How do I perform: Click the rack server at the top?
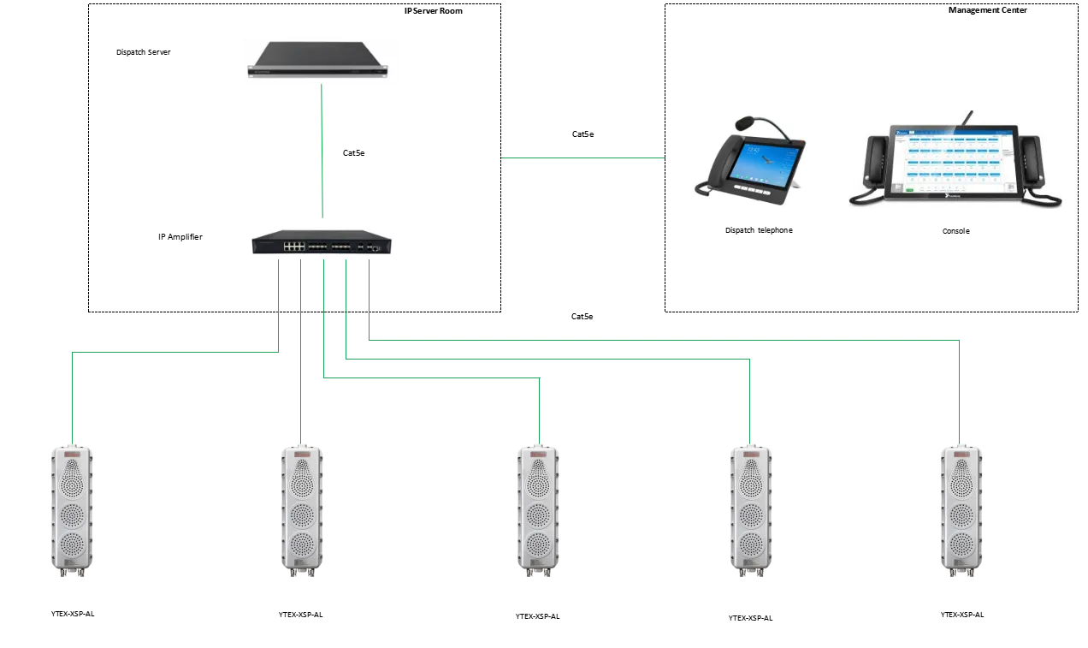322,60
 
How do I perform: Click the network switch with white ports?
322,243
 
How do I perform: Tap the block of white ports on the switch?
294,246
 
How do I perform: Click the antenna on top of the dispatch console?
970,118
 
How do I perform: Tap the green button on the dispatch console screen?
910,188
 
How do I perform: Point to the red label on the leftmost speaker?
72,455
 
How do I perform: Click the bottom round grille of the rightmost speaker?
961,544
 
